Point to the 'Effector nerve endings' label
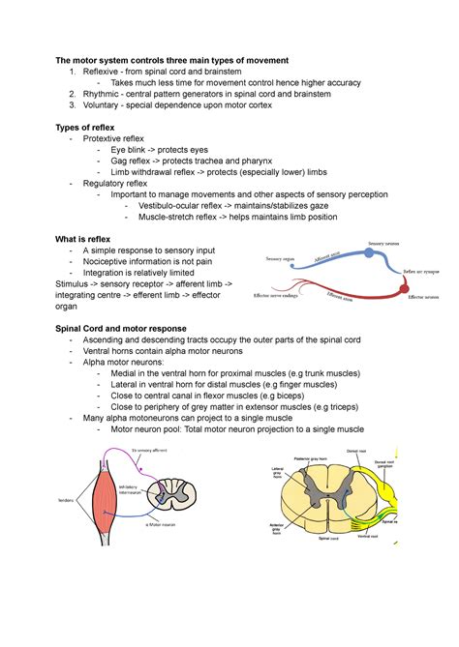(x=275, y=295)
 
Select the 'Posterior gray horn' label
(x=316, y=460)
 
